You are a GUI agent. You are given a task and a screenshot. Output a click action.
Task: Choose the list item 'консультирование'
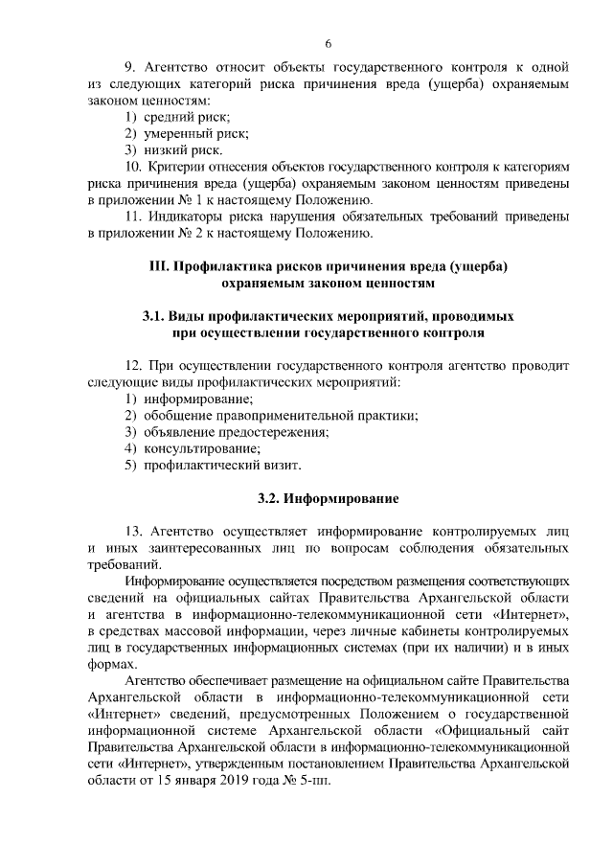[x=201, y=447]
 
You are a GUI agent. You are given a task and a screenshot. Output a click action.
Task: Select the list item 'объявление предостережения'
[x=236, y=431]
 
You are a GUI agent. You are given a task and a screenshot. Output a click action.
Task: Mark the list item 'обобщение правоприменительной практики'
[x=281, y=415]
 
